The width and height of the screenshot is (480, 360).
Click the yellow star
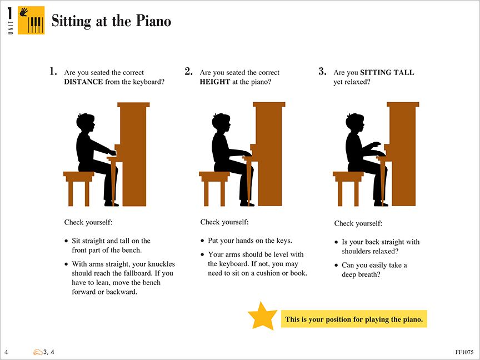point(262,316)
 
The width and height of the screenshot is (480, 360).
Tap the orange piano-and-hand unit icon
point(31,21)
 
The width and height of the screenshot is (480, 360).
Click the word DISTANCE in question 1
point(83,82)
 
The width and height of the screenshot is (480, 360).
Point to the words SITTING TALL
point(387,73)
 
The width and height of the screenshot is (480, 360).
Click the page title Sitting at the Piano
point(111,22)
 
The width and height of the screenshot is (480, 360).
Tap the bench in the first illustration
point(78,178)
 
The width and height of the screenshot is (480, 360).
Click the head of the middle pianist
point(221,123)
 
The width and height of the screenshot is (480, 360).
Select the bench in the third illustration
point(348,178)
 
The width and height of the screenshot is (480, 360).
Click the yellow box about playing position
point(354,319)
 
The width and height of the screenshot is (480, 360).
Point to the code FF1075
point(464,352)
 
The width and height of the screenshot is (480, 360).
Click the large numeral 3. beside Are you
point(322,72)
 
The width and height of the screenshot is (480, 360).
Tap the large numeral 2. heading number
point(188,72)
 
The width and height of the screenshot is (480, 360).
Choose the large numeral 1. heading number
point(53,72)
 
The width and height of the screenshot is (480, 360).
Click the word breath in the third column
point(369,274)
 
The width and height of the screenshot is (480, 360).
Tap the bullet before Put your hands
point(203,241)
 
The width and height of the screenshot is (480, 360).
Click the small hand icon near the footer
point(38,352)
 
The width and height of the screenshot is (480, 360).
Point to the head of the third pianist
point(354,123)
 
